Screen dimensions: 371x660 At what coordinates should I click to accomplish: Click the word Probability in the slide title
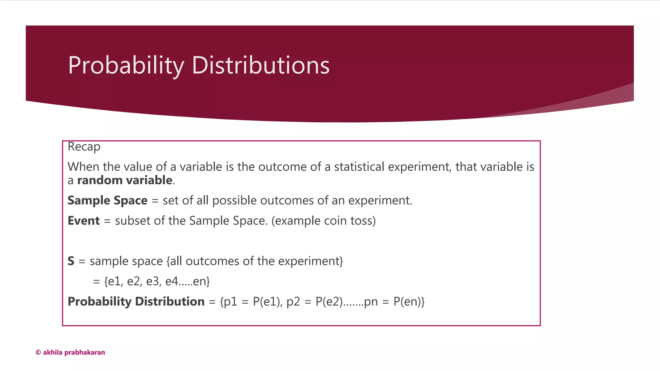(126, 65)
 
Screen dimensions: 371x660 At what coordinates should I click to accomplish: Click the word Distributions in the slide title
(261, 65)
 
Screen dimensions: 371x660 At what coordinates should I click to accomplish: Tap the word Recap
(84, 147)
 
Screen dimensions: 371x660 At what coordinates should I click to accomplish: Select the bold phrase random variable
(125, 180)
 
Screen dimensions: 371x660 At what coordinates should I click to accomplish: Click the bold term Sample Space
(107, 201)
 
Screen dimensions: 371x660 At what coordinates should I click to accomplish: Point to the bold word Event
(83, 221)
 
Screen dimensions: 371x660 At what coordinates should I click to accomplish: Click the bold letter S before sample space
(71, 261)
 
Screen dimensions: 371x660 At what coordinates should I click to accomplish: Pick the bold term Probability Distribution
(136, 302)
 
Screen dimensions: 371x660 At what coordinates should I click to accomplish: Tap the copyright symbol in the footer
(38, 353)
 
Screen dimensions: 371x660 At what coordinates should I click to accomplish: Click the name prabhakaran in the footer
(85, 353)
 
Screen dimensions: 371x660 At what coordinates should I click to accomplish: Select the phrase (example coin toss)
(324, 221)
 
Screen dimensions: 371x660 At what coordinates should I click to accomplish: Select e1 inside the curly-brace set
(115, 281)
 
